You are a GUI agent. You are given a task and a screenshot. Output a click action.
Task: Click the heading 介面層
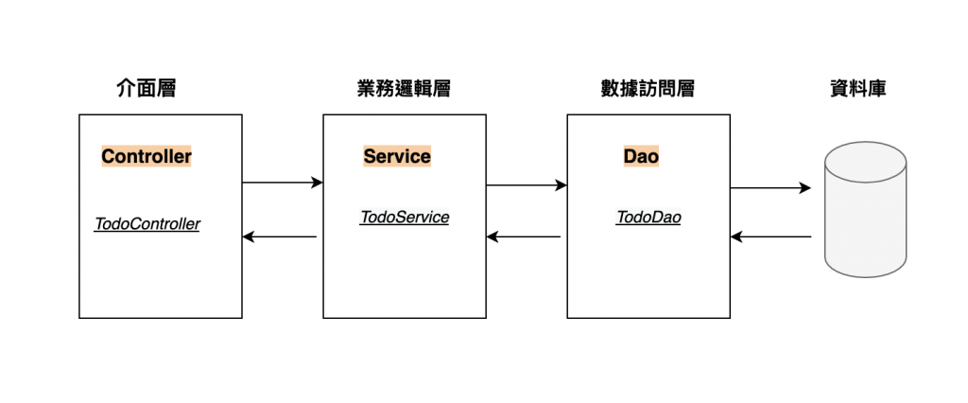click(x=145, y=89)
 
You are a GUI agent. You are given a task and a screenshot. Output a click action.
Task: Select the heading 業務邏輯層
click(x=398, y=89)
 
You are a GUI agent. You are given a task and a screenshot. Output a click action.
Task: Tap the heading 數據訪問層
click(x=648, y=89)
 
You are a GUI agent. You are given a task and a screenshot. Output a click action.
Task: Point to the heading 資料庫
click(x=857, y=89)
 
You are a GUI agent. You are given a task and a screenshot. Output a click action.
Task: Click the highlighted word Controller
click(x=147, y=156)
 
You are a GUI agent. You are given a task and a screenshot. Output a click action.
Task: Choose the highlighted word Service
click(x=397, y=156)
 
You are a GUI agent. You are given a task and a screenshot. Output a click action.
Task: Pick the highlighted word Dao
click(x=641, y=156)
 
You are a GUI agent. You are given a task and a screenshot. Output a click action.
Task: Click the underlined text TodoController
click(x=147, y=225)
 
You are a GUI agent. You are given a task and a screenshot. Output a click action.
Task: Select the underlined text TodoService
click(x=405, y=218)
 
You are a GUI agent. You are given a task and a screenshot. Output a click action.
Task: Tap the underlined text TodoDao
click(x=648, y=218)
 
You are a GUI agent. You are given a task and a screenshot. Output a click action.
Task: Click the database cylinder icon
click(x=865, y=213)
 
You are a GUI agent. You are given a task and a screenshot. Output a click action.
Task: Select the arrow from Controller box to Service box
click(x=282, y=183)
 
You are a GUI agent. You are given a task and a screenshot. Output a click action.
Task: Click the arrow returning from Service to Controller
click(x=280, y=237)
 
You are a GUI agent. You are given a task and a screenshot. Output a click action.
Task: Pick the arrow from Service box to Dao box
click(x=526, y=185)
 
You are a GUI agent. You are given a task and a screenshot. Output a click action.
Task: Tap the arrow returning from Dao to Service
click(x=524, y=237)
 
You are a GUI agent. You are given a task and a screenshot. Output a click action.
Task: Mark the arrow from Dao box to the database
click(x=769, y=188)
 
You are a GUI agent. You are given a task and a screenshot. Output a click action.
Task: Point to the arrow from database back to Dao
click(x=770, y=237)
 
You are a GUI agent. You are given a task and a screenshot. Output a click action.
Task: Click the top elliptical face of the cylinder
click(x=865, y=158)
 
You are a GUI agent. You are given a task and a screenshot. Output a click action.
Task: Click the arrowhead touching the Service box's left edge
click(x=318, y=183)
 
